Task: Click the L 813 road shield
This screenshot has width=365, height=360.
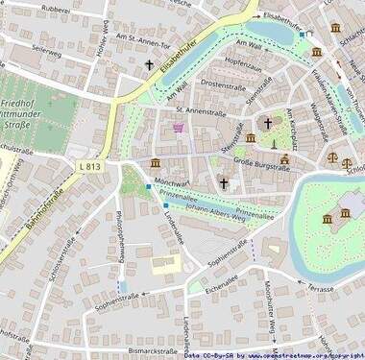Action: [89, 166]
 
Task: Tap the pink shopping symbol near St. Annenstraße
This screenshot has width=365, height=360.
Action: [178, 126]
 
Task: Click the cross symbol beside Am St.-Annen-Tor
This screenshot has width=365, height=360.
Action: [149, 65]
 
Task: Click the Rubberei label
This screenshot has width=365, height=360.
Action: [55, 11]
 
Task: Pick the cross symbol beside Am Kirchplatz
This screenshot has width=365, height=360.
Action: [268, 123]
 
